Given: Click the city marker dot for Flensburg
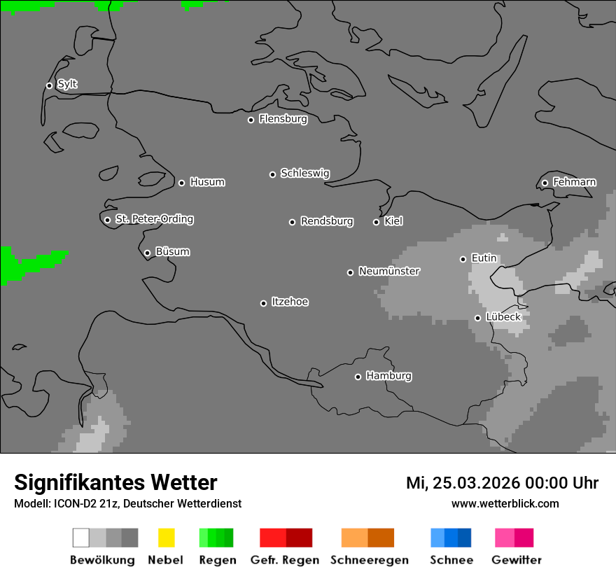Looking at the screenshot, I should click(251, 120).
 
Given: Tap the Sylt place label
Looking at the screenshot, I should click(67, 85).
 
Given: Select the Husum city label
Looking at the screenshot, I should click(207, 183).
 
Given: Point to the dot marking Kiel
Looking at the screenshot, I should click(376, 222).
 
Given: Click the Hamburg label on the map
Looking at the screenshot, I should click(388, 376).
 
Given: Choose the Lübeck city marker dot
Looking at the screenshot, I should click(477, 318).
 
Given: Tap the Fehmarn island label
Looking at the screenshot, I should click(574, 183).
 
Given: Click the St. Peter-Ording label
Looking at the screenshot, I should click(154, 219).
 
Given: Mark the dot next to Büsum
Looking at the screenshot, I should click(147, 253).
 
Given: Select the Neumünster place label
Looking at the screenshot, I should click(389, 272).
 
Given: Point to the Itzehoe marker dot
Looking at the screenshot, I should click(263, 303).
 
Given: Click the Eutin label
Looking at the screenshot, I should click(484, 258).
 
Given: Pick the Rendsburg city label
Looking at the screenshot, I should click(327, 222).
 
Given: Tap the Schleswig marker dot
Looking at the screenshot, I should click(272, 174).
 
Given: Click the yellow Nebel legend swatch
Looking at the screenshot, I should click(166, 538).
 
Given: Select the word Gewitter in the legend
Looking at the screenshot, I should click(517, 560).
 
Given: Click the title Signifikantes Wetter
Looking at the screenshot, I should click(115, 483).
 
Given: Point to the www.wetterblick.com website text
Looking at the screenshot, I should click(505, 504).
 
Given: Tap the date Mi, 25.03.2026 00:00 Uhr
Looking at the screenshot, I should click(502, 483).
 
